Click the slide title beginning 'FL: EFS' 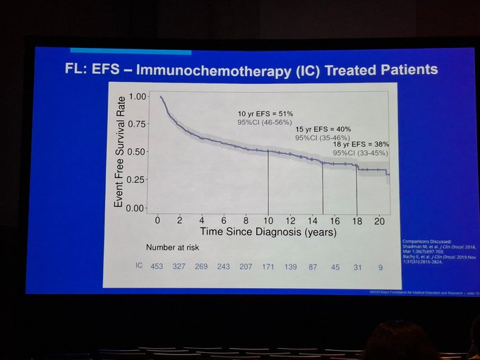coord(247,70)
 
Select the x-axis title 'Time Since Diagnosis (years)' coord(268,232)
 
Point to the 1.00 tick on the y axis coord(138,96)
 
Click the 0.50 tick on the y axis coord(138,152)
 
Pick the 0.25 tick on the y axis coord(138,180)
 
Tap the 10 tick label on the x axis coord(268,220)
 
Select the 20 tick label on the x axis coord(380,220)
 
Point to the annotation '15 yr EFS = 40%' coord(324,128)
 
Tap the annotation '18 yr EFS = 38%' coord(361,144)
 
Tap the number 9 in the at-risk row coord(380,266)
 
